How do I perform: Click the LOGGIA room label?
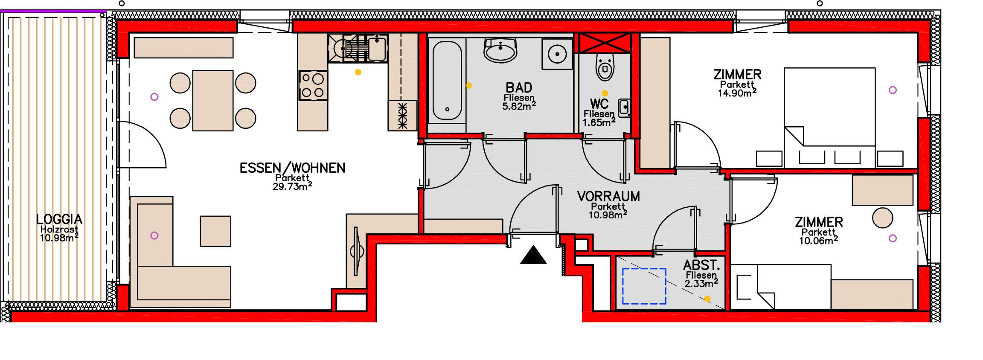coord(59,219)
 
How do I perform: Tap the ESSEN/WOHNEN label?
coord(292,168)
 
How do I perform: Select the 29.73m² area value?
coord(292,186)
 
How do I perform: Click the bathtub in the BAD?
coord(447,81)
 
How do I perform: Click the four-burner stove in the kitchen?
coord(314,85)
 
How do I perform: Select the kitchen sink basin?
coord(377,48)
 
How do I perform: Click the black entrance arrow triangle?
coord(533,255)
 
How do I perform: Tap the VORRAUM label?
coord(608,196)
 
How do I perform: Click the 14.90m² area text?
coord(737,93)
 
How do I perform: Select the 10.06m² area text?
coord(819,241)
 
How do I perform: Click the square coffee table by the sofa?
coord(215,231)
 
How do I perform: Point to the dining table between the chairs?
coord(213,101)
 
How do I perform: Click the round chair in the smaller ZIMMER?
coord(883,218)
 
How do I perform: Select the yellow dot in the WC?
coord(605,93)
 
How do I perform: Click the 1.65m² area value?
coord(599,122)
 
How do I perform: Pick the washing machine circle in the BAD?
coord(557,54)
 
